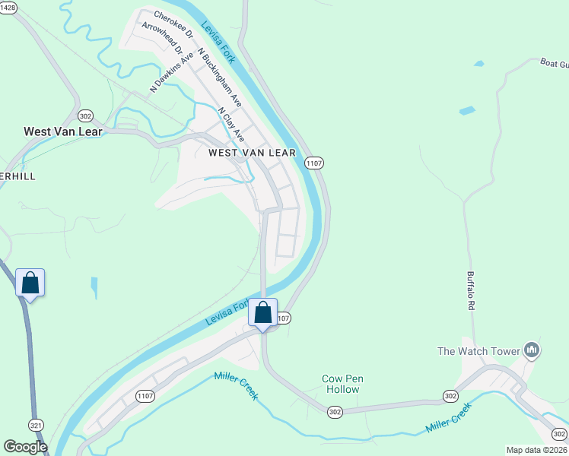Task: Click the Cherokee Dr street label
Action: pyautogui.click(x=173, y=24)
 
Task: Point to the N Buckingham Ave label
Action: pyautogui.click(x=219, y=80)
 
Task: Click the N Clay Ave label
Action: pyautogui.click(x=230, y=125)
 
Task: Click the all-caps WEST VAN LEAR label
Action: pyautogui.click(x=251, y=153)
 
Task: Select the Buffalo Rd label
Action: pyautogui.click(x=471, y=290)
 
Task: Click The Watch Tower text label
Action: pyautogui.click(x=478, y=351)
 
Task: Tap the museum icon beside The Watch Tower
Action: pyautogui.click(x=532, y=350)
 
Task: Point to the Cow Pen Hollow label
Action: pyautogui.click(x=340, y=384)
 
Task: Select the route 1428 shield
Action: pyautogui.click(x=7, y=7)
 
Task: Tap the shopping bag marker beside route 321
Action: pyautogui.click(x=30, y=283)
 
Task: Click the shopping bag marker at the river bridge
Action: pyautogui.click(x=262, y=312)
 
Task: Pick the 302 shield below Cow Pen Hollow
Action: pyautogui.click(x=335, y=411)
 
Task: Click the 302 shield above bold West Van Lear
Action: pyautogui.click(x=85, y=116)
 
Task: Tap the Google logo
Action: pyautogui.click(x=25, y=447)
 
